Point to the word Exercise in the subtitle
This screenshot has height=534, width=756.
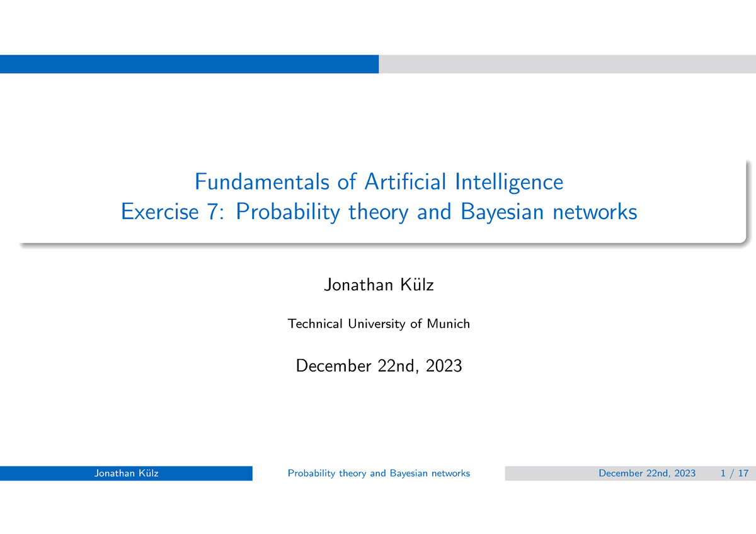click(x=160, y=212)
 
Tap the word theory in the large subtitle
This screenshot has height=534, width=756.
click(x=380, y=212)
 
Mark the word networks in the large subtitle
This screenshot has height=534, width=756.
click(x=595, y=212)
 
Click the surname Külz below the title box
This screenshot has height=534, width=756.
click(x=416, y=285)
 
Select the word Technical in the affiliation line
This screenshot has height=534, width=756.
click(x=315, y=324)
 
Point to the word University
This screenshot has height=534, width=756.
click(x=376, y=324)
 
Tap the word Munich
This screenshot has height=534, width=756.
click(x=449, y=324)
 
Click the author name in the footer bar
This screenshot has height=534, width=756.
click(x=126, y=474)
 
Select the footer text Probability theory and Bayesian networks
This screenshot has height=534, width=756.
click(x=379, y=474)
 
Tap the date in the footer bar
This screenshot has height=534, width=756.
click(x=648, y=474)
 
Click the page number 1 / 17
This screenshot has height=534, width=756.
click(x=734, y=474)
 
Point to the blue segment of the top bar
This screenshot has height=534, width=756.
click(x=189, y=64)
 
